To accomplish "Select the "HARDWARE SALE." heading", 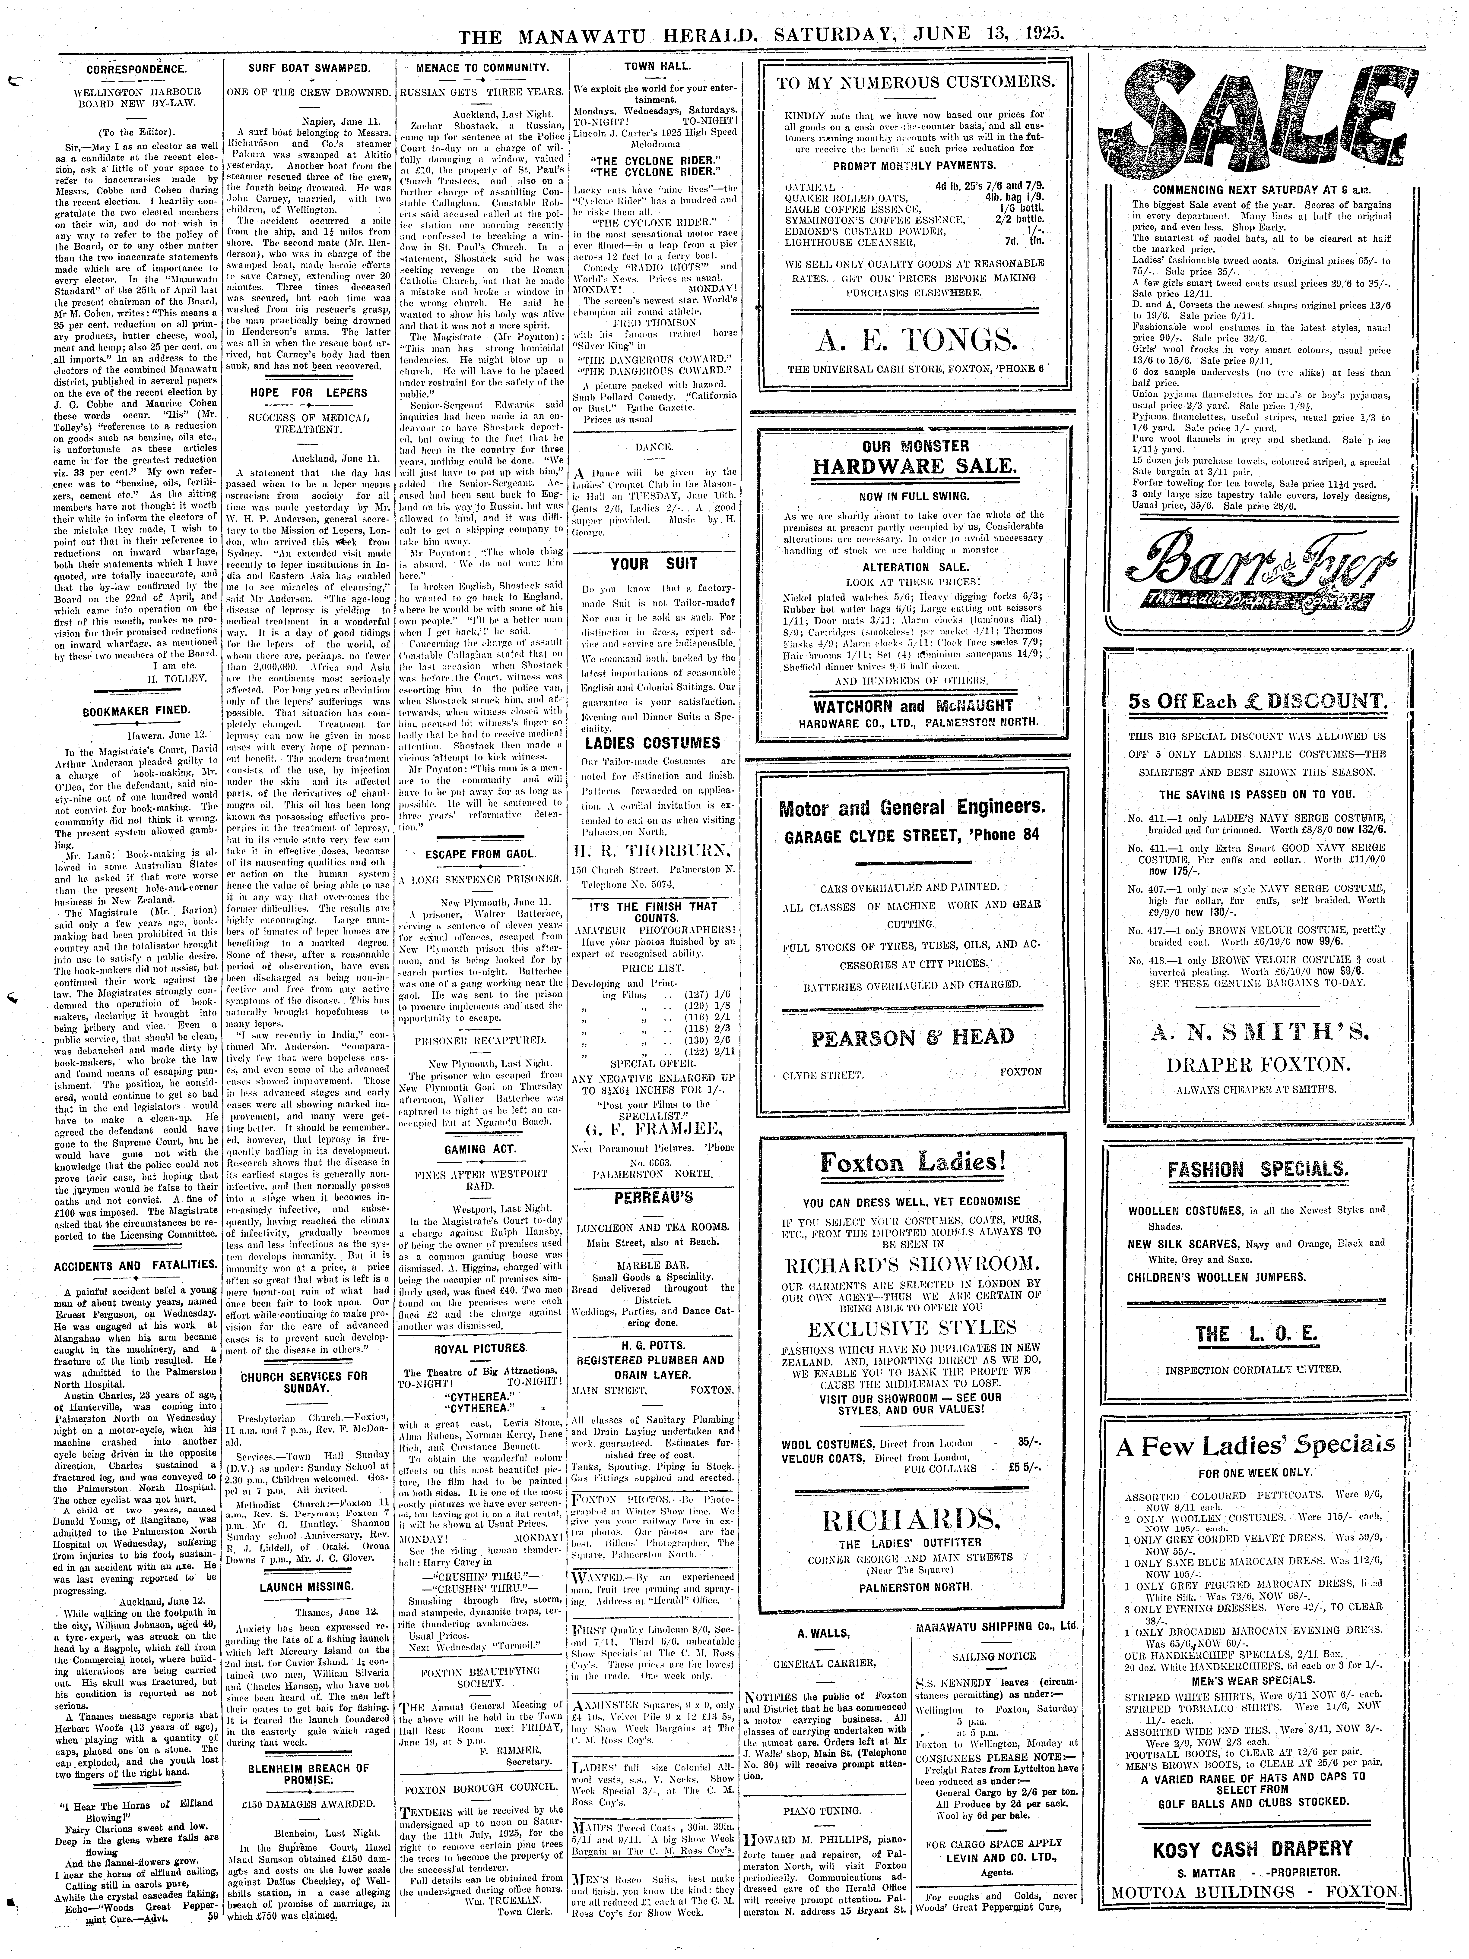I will (913, 466).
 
